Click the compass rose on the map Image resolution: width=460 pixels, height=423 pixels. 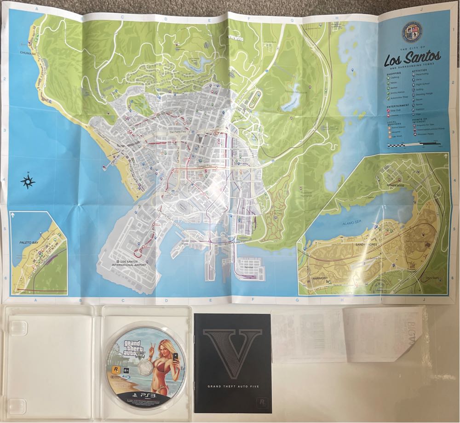click(x=28, y=181)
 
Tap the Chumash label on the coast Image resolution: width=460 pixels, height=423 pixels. click(x=27, y=52)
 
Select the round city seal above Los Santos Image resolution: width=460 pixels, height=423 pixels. click(x=413, y=32)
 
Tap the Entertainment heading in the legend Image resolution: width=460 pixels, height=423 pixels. click(x=397, y=105)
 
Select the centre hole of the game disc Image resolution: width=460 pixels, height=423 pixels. click(x=146, y=367)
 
